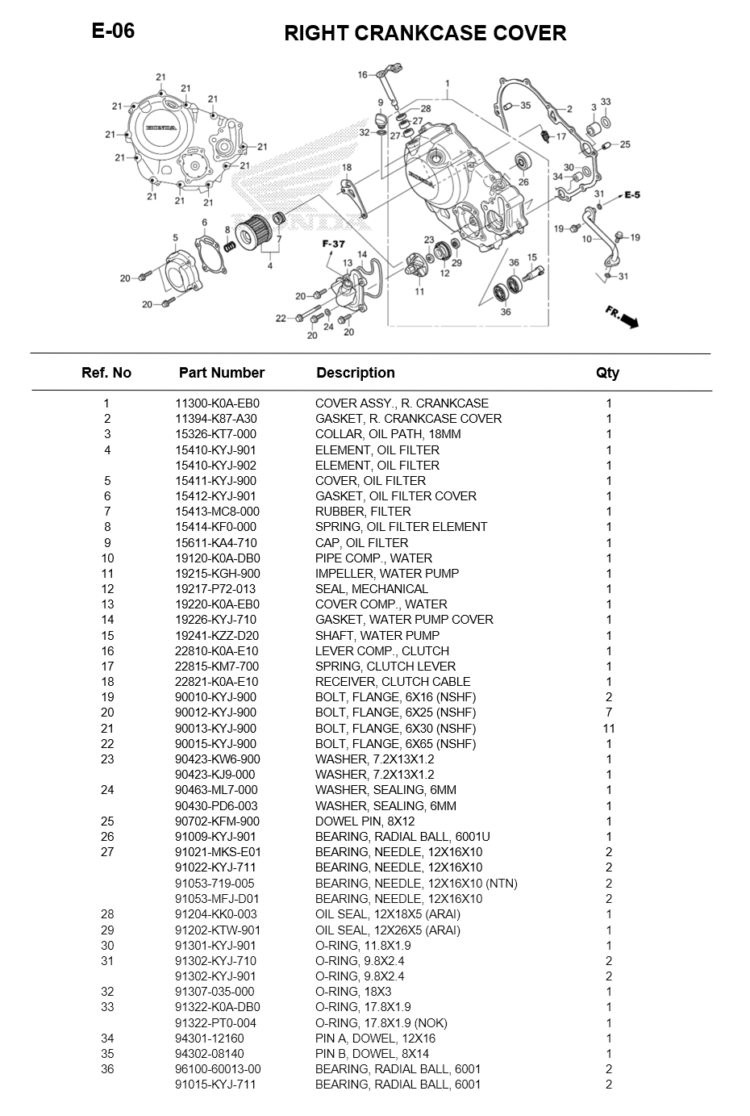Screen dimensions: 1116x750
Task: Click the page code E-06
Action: pyautogui.click(x=113, y=31)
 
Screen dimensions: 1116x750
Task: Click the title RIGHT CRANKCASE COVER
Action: pyautogui.click(x=425, y=33)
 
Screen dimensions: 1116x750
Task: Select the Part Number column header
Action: pyautogui.click(x=221, y=373)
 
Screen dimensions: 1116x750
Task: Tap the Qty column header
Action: pyautogui.click(x=607, y=373)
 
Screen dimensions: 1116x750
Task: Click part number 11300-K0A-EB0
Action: pyautogui.click(x=217, y=403)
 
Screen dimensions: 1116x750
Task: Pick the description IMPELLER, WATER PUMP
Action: pyautogui.click(x=386, y=574)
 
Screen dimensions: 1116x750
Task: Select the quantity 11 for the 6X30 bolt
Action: pyautogui.click(x=609, y=728)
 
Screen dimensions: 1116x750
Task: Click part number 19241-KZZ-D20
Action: pyautogui.click(x=217, y=636)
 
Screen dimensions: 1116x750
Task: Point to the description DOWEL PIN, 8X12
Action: pyautogui.click(x=368, y=821)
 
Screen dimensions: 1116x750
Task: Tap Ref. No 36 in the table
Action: pyautogui.click(x=107, y=1069)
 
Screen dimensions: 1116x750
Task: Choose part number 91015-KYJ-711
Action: pyautogui.click(x=215, y=1085)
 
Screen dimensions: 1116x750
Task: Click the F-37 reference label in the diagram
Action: pyautogui.click(x=333, y=245)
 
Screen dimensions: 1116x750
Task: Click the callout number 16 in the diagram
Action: pyautogui.click(x=363, y=75)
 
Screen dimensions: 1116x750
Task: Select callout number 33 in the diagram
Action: pyautogui.click(x=606, y=102)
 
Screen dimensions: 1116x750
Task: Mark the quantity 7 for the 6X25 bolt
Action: pyautogui.click(x=609, y=713)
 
